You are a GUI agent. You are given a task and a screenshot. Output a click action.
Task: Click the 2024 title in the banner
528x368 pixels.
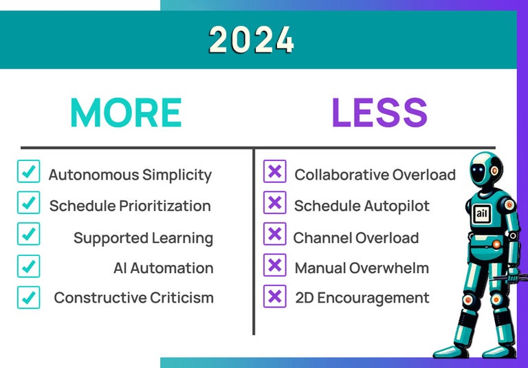252,40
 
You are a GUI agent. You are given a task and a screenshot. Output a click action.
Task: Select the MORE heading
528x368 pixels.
126,113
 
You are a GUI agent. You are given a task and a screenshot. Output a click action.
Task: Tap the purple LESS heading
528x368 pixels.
379,113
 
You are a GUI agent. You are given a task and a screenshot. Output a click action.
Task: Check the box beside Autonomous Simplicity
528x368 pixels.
28,172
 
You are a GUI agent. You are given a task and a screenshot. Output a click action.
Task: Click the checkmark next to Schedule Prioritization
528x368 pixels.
28,203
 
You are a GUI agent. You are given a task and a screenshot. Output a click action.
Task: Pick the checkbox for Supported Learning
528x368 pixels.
28,234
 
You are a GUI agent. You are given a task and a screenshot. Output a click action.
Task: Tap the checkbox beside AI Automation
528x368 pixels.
28,266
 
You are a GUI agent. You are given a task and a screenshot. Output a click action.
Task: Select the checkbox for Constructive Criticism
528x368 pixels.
28,296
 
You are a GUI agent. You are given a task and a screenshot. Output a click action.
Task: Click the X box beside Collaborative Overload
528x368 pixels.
274,172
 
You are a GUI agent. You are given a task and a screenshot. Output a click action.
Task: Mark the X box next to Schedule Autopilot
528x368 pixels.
274,203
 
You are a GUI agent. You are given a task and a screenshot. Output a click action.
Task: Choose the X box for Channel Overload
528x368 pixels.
274,234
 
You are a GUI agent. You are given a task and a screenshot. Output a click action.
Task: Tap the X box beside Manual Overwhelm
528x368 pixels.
274,266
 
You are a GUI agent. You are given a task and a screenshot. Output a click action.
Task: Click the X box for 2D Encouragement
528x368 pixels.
274,296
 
